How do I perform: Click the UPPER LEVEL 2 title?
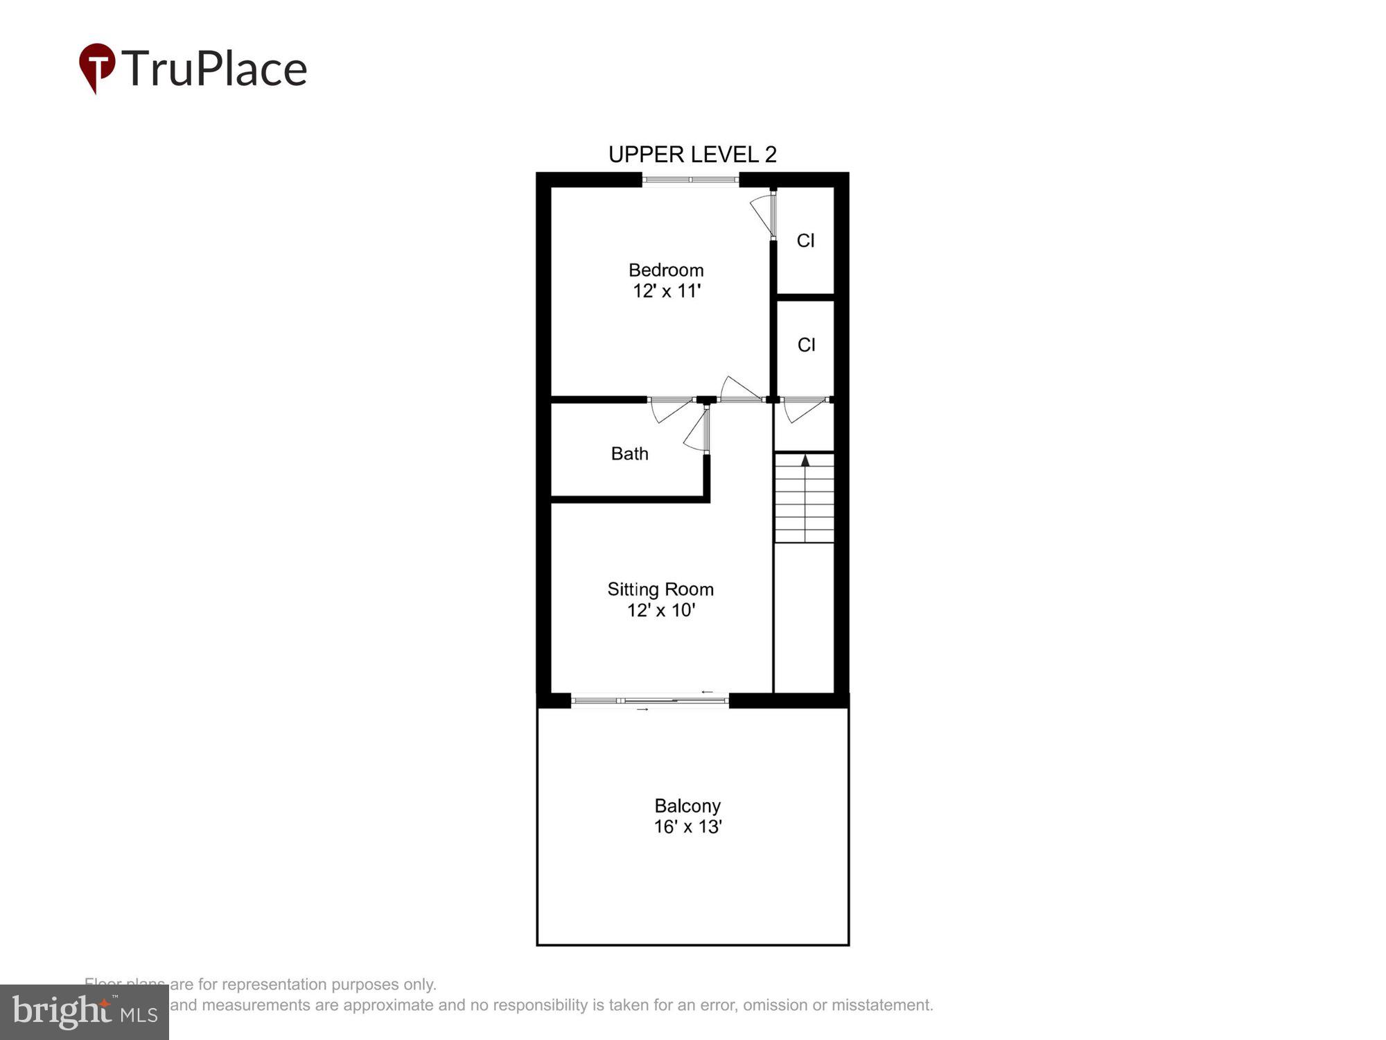[x=692, y=154]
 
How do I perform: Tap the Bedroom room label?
[x=666, y=270]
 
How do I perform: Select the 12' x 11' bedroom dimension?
[x=667, y=291]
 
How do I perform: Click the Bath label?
[x=629, y=453]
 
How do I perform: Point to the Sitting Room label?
[x=660, y=589]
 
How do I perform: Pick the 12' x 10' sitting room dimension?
[x=661, y=610]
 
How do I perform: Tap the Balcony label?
[x=687, y=806]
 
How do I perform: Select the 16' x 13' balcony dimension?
[x=687, y=826]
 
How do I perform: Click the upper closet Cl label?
[x=805, y=241]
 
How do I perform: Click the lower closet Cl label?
[x=806, y=345]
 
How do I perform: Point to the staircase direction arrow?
[x=805, y=460]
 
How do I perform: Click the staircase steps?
[x=804, y=499]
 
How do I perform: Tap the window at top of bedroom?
[x=690, y=180]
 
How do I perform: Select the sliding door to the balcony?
[x=650, y=701]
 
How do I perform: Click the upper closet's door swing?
[x=764, y=214]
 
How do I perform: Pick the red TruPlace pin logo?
[x=97, y=67]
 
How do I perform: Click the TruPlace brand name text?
[x=215, y=69]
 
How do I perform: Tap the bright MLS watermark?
[x=85, y=1012]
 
